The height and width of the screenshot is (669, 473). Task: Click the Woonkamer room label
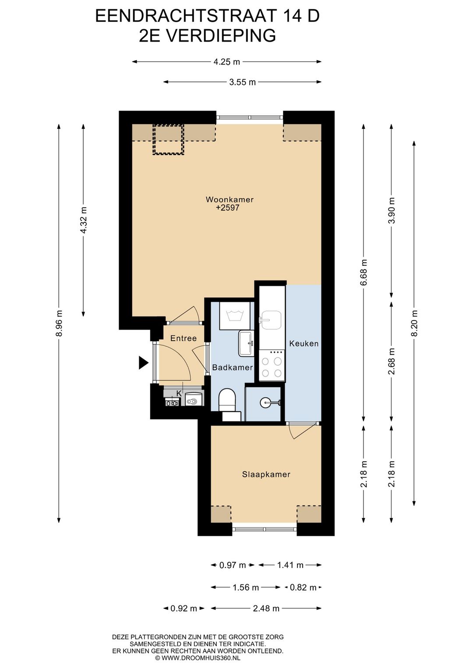pos(229,199)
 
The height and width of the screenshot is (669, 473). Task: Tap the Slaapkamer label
pos(266,474)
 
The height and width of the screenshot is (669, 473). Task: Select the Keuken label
pos(304,343)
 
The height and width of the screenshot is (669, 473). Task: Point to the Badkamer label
pos(233,367)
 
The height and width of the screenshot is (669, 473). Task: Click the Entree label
pos(184,338)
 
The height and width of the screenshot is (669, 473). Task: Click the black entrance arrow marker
pos(143,363)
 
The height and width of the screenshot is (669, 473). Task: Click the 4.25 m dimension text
pos(227,62)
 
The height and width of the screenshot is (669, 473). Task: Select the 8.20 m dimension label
pos(414,323)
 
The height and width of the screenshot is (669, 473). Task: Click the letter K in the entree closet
pos(179,393)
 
